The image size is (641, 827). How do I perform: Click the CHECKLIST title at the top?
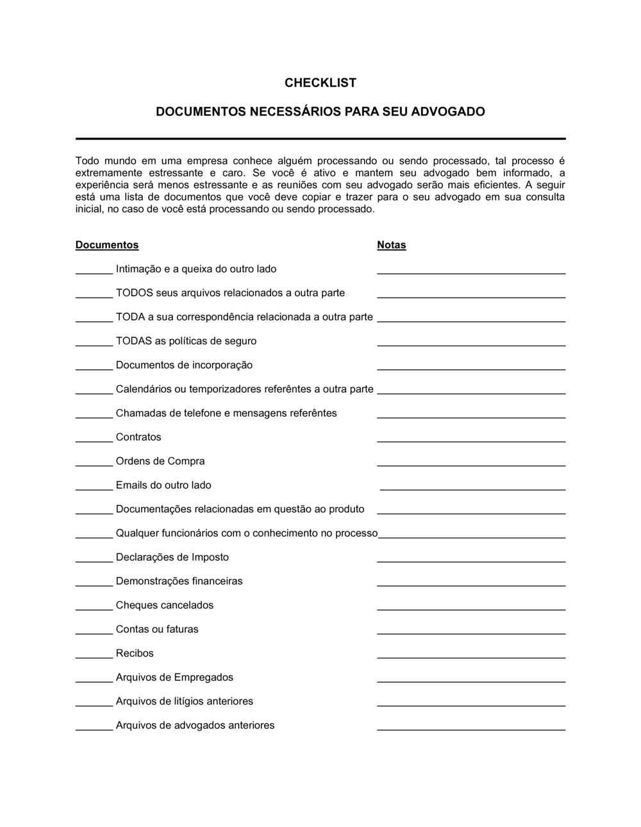coord(320,83)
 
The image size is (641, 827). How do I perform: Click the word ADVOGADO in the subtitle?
coord(447,112)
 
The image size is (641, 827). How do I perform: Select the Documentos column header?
coord(107,245)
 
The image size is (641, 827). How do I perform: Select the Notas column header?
coord(391,245)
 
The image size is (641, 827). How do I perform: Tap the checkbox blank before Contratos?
coord(94,440)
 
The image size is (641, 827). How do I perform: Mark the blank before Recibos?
coord(94,656)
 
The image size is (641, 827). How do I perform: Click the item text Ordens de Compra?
coord(160,461)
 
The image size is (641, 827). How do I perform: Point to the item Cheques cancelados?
coord(165,605)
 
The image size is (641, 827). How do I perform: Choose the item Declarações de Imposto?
coord(172,557)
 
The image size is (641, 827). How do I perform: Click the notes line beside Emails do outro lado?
coord(472,489)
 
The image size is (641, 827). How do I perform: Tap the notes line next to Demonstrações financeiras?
coord(471,585)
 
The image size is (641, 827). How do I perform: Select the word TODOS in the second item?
coord(134,293)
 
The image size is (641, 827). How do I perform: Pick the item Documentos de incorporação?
coord(184,365)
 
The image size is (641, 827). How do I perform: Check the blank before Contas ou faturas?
coord(94,632)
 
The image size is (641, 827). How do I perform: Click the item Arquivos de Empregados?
coord(174,677)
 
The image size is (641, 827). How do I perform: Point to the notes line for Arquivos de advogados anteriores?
coord(471,729)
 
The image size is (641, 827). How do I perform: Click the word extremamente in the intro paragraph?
coord(108,173)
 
